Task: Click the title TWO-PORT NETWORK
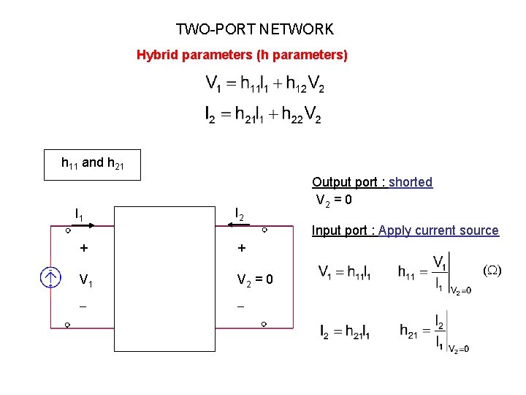click(x=254, y=29)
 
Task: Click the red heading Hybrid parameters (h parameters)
click(x=242, y=55)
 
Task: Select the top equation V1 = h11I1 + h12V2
click(x=264, y=85)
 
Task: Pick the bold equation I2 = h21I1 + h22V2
click(x=263, y=115)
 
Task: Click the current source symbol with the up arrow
click(x=50, y=277)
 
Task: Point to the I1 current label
click(x=79, y=214)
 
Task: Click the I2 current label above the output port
click(x=240, y=214)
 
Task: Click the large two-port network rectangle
click(x=164, y=279)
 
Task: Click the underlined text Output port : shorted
click(x=372, y=182)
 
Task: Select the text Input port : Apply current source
click(x=405, y=230)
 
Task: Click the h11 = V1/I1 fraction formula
click(x=434, y=274)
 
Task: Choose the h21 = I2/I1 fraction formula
click(x=434, y=331)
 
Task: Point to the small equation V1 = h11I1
click(x=345, y=272)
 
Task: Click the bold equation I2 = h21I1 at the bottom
click(x=345, y=331)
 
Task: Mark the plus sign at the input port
click(x=83, y=248)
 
